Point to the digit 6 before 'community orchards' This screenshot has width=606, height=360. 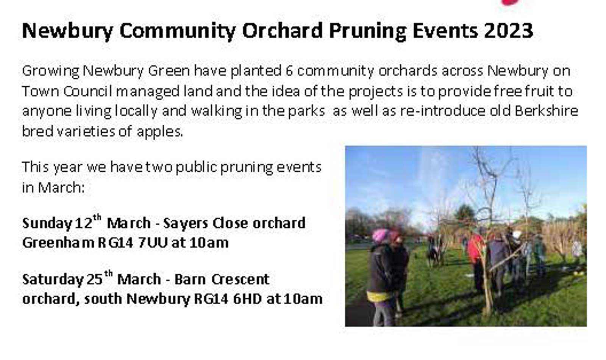(x=289, y=71)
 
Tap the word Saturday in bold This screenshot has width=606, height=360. (x=52, y=280)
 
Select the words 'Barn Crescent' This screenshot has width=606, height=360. (x=222, y=279)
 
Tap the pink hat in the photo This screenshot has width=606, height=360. (x=380, y=235)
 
